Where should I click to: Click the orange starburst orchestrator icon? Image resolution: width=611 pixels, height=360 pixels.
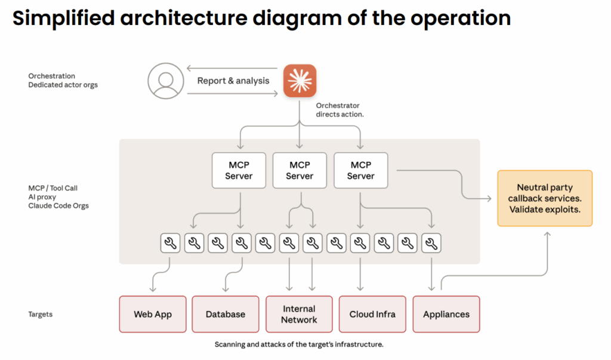[300, 81]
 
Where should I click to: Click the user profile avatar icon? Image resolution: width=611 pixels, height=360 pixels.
[166, 81]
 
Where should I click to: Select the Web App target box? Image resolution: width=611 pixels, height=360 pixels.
[153, 314]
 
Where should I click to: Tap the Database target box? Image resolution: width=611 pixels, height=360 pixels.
[225, 314]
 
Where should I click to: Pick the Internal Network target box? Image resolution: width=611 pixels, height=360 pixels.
[300, 314]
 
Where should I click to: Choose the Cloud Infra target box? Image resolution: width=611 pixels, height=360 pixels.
[372, 314]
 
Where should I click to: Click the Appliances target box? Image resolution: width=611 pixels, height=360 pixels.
[446, 314]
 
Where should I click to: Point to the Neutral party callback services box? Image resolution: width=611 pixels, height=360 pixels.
[545, 198]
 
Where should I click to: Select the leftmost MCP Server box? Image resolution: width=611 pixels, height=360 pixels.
[239, 170]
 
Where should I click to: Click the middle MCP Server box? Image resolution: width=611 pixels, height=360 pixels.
[300, 170]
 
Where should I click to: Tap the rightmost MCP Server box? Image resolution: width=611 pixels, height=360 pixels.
[361, 170]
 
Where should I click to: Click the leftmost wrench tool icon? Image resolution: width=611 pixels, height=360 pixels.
[170, 244]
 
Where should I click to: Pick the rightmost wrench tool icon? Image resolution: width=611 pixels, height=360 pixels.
[431, 244]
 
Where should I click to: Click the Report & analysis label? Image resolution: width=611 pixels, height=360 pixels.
[233, 81]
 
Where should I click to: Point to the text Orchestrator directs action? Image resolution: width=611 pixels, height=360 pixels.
[340, 110]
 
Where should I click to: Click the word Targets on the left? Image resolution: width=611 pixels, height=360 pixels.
[40, 315]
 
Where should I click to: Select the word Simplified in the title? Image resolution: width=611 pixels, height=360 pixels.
[63, 19]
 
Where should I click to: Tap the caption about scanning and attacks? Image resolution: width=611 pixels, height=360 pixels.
[299, 344]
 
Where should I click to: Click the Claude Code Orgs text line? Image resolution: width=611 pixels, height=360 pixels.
[58, 205]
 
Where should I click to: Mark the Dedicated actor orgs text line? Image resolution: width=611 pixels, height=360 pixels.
[63, 85]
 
